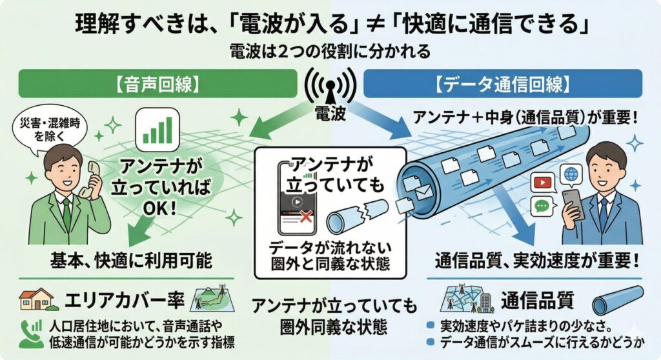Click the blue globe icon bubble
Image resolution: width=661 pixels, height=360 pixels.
(571, 174)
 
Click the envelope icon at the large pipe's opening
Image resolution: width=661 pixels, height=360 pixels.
(423, 192)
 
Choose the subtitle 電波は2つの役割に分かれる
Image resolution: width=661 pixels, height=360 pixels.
(329, 49)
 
